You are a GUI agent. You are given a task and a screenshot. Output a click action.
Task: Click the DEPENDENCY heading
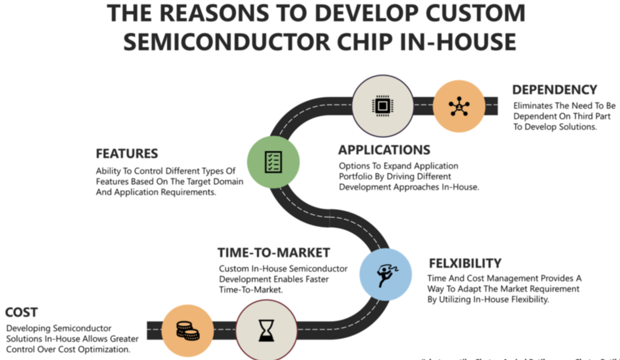tap(555, 90)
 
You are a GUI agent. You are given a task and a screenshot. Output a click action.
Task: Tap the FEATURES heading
tap(127, 154)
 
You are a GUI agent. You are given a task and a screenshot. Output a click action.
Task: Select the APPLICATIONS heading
tap(384, 150)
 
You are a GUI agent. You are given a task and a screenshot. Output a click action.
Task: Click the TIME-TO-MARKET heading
tap(274, 253)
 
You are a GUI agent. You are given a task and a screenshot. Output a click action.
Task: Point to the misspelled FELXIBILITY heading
tap(465, 263)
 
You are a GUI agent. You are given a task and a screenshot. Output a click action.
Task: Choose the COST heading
tap(21, 312)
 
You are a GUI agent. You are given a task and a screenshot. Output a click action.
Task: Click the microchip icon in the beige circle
tap(382, 106)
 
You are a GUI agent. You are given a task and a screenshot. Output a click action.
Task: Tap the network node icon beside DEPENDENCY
tap(459, 106)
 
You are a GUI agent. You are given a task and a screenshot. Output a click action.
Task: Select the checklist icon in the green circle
tap(273, 162)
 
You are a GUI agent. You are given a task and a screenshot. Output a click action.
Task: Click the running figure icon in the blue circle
tap(386, 275)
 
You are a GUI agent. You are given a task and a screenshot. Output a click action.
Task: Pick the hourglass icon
tap(266, 331)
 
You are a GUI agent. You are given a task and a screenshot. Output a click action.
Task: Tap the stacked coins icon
tap(187, 331)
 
